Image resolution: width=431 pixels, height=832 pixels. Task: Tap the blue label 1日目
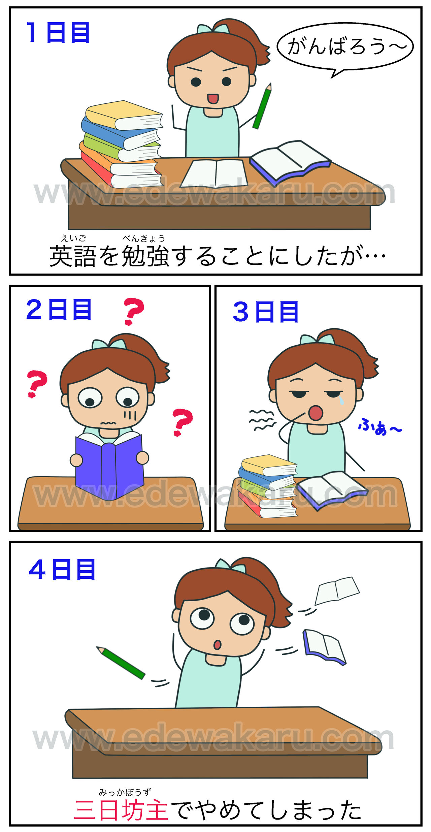(58, 33)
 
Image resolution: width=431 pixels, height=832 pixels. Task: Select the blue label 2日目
(59, 310)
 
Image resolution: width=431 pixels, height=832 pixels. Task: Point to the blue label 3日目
(265, 312)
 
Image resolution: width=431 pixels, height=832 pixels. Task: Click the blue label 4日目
(62, 570)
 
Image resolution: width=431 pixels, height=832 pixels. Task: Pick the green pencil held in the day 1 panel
(262, 106)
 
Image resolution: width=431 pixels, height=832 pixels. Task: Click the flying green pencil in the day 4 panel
(121, 663)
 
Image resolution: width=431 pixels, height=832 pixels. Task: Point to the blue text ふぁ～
(379, 427)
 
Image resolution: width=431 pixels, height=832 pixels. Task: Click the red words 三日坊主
(121, 810)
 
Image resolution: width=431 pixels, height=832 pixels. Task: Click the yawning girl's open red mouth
(316, 413)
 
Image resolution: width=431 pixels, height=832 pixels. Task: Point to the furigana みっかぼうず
(125, 792)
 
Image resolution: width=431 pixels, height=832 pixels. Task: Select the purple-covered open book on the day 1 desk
(290, 162)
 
